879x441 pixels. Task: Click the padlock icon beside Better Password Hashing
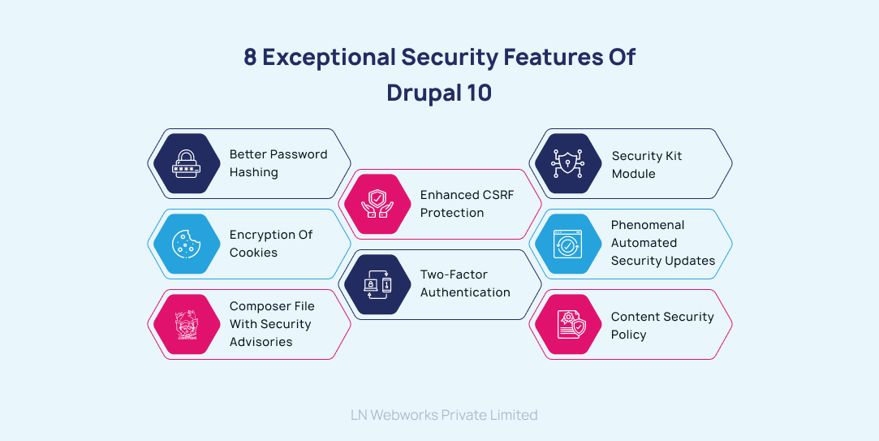187,163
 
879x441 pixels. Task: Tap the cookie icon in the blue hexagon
187,244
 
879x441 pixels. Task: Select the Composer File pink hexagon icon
187,324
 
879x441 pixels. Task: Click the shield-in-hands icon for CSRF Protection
377,204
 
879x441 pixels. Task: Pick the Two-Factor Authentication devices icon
377,284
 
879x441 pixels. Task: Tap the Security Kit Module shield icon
568,163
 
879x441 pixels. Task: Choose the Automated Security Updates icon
568,244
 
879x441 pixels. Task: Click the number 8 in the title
251,58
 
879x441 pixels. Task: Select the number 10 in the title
479,93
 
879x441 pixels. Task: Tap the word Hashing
253,172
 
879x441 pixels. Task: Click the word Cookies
253,253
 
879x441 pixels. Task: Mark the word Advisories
261,342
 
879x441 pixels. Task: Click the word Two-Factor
454,275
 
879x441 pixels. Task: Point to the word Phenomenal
648,225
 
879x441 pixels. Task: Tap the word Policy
628,335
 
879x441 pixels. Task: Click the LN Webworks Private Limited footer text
444,415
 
